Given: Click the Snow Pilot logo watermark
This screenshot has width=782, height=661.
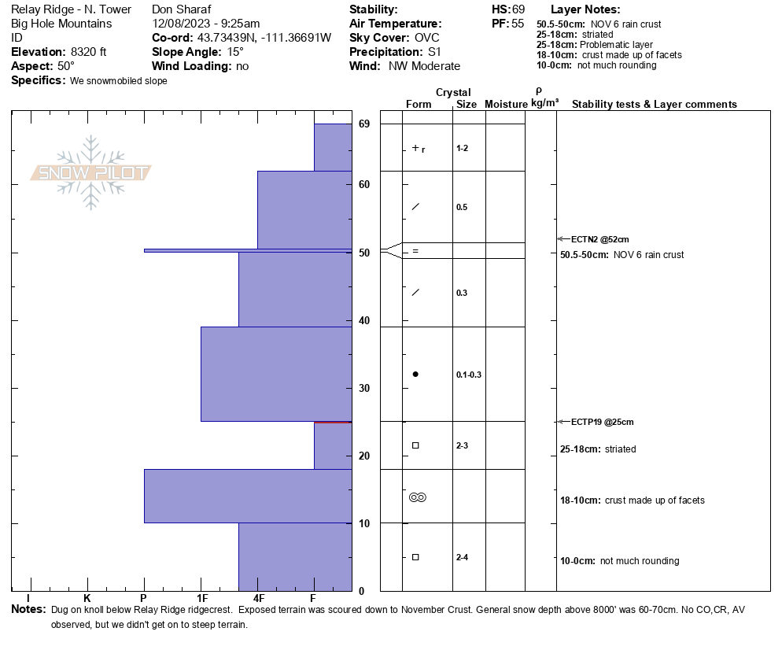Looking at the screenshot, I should [91, 173].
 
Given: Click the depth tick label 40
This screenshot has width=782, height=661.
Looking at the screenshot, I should [364, 320].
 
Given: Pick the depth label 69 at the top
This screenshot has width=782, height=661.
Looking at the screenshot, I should [364, 124].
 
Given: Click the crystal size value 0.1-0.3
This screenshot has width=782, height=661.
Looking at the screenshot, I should [468, 375].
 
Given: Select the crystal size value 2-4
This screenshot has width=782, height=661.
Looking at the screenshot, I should [462, 557].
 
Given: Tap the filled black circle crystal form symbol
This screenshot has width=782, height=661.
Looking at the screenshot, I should [415, 374].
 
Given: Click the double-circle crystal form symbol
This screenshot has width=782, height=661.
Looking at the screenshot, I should [417, 497].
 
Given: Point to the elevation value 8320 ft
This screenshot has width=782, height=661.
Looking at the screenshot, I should [88, 52].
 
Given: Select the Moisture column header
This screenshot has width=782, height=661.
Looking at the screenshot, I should [505, 105].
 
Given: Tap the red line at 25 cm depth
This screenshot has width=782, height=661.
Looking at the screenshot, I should [332, 422].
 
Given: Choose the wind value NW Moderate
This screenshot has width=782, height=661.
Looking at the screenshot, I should [424, 66].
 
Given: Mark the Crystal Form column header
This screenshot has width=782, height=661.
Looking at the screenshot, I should [418, 105].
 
